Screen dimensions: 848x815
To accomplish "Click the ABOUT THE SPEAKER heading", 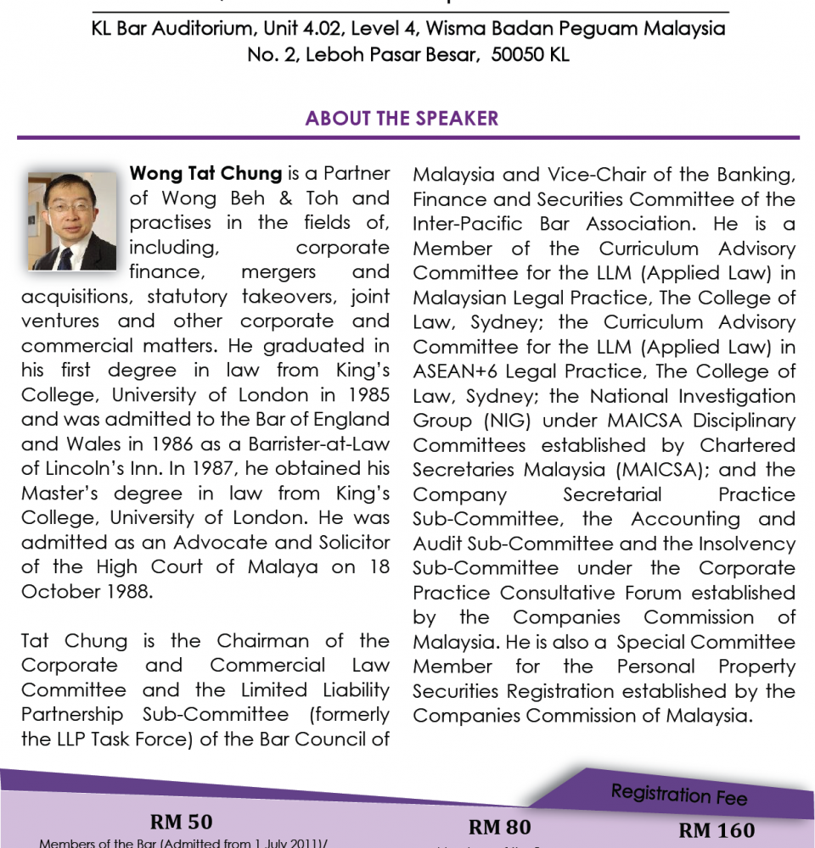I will click(x=402, y=118).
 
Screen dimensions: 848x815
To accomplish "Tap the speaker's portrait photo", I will click(x=72, y=220).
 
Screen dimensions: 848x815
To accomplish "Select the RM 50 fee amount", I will click(x=181, y=822).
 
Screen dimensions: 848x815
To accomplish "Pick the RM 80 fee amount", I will click(x=499, y=827).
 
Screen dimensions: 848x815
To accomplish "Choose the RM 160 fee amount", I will click(x=717, y=831).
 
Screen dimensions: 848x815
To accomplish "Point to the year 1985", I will click(x=366, y=395).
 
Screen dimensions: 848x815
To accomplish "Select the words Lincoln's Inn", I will click(x=92, y=469).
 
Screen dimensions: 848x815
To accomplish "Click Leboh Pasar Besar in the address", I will click(x=390, y=55).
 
